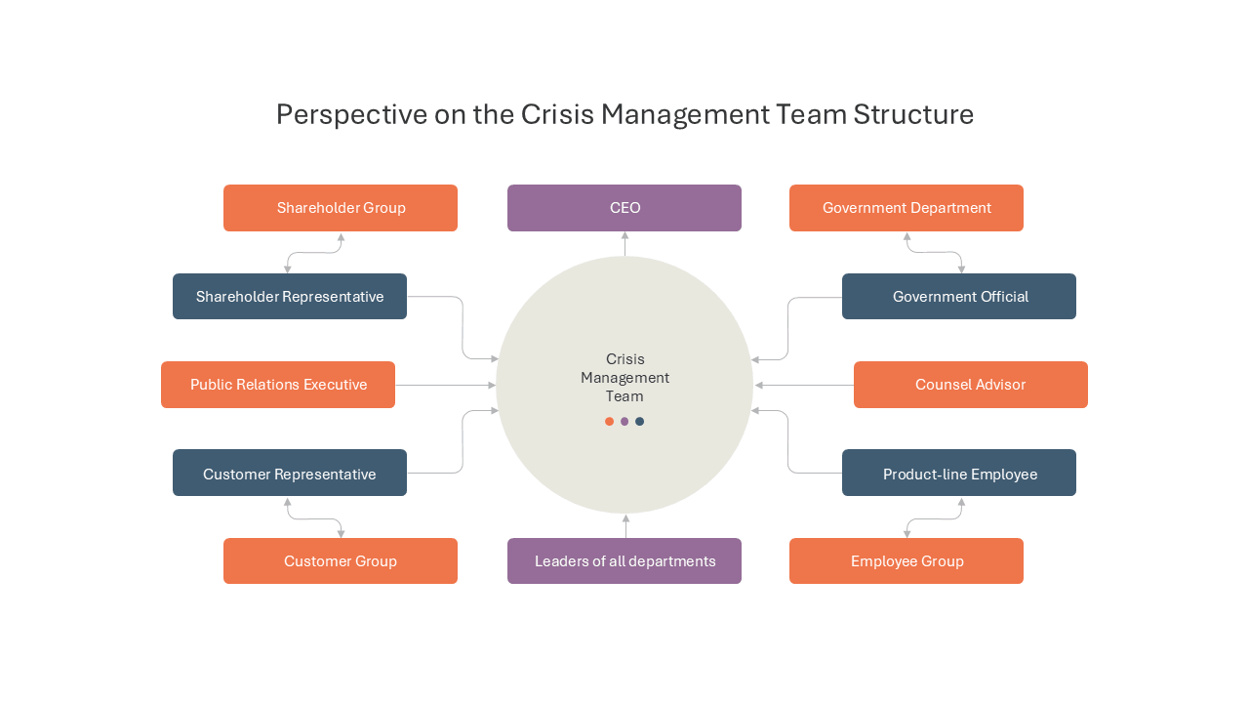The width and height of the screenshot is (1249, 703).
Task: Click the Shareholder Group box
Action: (341, 208)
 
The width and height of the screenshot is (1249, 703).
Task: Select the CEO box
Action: (624, 208)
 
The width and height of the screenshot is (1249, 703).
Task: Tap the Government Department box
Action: (907, 208)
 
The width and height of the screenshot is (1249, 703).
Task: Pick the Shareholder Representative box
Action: (290, 296)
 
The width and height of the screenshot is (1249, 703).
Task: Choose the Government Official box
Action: (959, 296)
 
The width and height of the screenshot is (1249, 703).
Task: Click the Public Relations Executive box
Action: (278, 385)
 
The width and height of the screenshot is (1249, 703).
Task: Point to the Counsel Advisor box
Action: (971, 385)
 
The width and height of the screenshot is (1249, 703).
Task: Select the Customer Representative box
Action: (290, 473)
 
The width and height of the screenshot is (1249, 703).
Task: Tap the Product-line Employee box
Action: (959, 473)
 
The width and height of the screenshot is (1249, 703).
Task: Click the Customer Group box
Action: (341, 560)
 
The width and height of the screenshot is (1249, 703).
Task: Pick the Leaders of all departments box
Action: (624, 560)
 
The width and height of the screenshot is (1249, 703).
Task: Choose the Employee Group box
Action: (907, 560)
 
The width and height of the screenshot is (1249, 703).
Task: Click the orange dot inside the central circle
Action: (610, 421)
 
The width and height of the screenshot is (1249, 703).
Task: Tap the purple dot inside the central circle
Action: (624, 421)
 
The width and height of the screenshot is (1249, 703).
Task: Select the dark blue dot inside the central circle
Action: (639, 421)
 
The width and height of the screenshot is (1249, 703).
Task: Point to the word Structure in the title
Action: (913, 114)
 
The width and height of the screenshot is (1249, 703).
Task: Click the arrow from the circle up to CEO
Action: (625, 244)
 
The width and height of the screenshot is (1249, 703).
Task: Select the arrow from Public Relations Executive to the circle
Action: (446, 385)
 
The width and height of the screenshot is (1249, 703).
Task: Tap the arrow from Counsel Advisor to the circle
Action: (804, 385)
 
